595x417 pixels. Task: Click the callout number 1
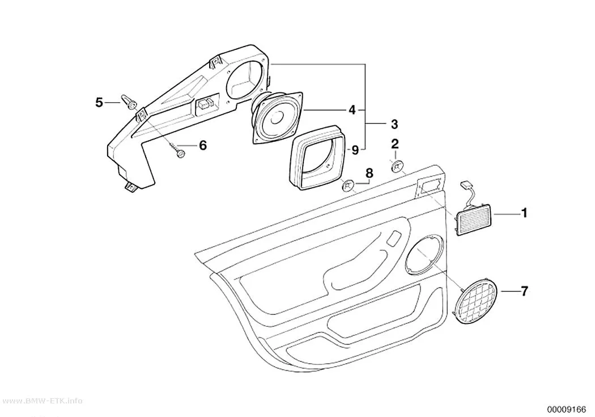pos(524,213)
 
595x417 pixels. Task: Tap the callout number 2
pos(394,144)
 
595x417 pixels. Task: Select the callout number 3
pos(394,124)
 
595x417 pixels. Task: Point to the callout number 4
pos(352,109)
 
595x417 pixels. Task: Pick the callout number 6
pos(203,145)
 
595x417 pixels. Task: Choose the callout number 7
pos(524,291)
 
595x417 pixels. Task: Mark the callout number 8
pos(369,173)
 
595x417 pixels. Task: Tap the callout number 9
pos(355,150)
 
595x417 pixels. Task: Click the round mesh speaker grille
pos(478,301)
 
